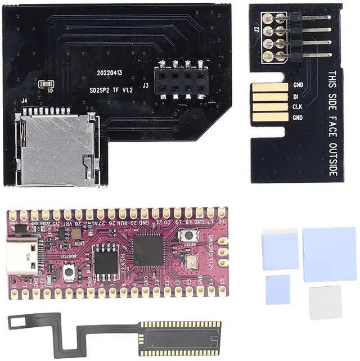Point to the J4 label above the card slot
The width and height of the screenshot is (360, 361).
24,101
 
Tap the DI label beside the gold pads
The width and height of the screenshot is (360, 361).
296,96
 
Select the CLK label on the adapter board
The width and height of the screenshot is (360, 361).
298,107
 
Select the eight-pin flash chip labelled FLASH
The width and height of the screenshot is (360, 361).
105,259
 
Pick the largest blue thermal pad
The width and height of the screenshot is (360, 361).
329,254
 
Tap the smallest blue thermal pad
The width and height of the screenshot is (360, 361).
278,290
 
